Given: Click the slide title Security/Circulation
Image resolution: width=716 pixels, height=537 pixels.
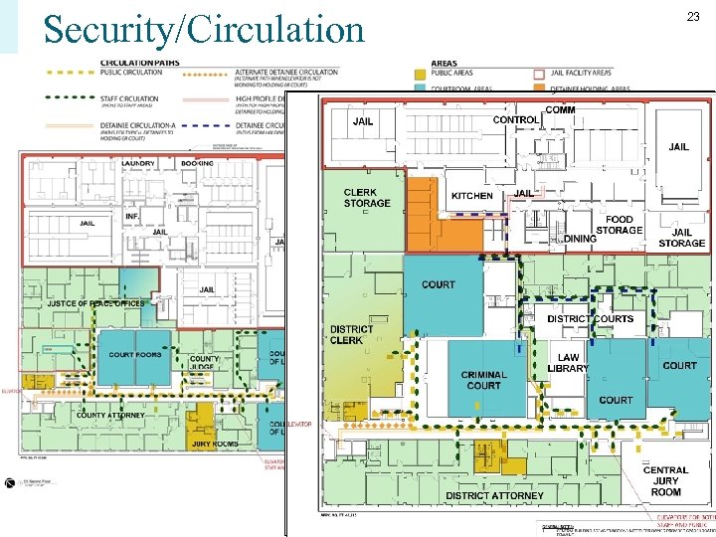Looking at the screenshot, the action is click(204, 30).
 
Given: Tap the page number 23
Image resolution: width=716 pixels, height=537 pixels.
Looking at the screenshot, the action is click(693, 16).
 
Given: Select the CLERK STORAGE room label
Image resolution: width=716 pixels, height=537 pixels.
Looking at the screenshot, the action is click(367, 198).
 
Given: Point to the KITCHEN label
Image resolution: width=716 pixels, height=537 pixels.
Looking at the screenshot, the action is click(471, 196).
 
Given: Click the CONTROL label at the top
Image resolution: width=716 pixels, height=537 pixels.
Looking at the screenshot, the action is click(516, 120).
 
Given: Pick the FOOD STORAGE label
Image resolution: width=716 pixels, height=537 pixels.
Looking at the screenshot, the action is click(619, 225).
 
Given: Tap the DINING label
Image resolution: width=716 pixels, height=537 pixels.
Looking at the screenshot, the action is click(580, 239).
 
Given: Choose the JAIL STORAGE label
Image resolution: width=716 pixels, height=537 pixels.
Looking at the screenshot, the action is click(681, 238).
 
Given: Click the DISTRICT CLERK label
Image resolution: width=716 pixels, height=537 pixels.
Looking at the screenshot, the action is click(351, 334).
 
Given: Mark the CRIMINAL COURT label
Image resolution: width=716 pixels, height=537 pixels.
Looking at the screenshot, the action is click(483, 380).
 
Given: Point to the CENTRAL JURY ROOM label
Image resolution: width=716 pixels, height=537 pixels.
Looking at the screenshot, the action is click(665, 481).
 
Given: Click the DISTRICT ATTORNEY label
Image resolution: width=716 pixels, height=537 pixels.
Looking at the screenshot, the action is click(494, 495).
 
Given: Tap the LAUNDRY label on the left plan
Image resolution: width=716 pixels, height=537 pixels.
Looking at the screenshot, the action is click(137, 163).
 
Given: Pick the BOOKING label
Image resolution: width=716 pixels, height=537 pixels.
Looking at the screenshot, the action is click(198, 163).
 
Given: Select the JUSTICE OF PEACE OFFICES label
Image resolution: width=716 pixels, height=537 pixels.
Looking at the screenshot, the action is click(95, 304).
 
